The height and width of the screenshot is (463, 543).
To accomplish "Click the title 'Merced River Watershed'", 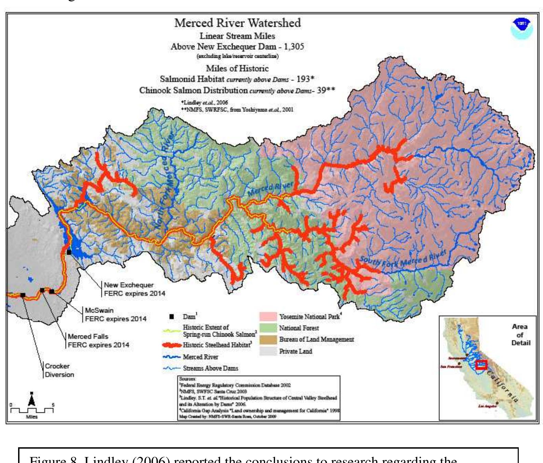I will coord(237,23).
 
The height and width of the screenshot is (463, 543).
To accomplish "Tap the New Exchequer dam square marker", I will coord(69,252).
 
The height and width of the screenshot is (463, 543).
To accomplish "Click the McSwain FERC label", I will coord(115,315).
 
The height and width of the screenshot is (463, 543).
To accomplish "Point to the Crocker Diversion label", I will coord(59,370).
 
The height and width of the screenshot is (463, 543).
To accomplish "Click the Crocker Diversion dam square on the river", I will coord(23,295).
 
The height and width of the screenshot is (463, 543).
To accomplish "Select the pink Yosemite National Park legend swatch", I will coord(268,317).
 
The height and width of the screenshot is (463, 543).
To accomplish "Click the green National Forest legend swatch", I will coord(268,328).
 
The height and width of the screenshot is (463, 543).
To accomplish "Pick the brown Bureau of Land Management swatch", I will coord(268,340).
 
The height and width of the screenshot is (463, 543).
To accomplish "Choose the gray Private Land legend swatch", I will coord(268,351).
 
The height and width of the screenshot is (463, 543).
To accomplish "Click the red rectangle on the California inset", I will coord(482,365).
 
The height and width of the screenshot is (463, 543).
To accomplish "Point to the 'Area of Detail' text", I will coord(520,335).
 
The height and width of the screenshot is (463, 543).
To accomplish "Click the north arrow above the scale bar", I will coord(31,399).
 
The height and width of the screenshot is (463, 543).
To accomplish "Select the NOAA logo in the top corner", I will coord(521,28).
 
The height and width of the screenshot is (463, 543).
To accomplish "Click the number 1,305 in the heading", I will coord(294,47).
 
